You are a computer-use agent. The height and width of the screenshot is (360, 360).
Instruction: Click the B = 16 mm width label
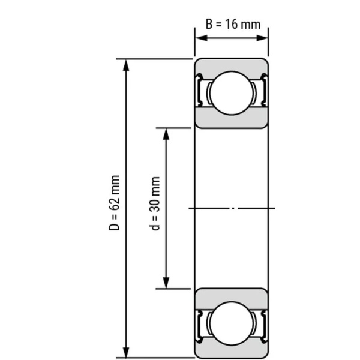coord(233,24)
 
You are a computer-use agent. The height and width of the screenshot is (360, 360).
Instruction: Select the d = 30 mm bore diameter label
coord(156,203)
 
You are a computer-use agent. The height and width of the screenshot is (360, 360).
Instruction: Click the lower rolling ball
coord(231,323)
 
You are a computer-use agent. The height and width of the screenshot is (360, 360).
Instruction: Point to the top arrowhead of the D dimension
coord(125,64)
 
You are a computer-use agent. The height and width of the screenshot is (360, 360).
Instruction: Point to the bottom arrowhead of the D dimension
coord(125,353)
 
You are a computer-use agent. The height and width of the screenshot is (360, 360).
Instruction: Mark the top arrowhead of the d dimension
coord(167,133)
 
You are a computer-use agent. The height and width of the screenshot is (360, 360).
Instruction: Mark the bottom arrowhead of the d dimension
coord(167,284)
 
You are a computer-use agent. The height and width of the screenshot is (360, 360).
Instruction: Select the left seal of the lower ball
coord(201,323)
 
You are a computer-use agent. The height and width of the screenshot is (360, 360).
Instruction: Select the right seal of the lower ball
coord(262,323)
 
